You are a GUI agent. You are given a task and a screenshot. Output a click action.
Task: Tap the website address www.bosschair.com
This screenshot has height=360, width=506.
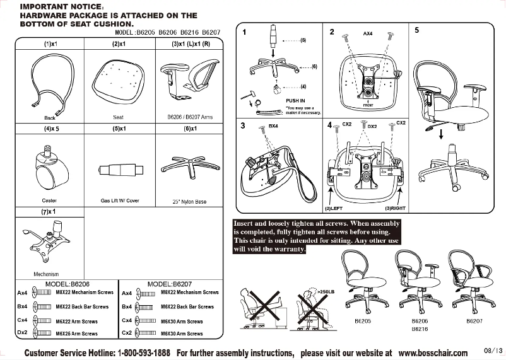433,353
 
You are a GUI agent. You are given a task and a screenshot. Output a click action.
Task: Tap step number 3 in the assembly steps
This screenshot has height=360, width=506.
243,126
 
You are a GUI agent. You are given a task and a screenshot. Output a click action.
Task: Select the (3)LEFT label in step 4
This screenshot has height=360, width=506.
334,207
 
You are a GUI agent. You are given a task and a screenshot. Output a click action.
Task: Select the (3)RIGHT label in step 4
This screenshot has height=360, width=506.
394,207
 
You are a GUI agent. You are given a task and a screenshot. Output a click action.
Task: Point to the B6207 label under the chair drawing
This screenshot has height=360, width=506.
473,322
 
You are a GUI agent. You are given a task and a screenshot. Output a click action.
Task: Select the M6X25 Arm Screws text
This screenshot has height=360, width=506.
76,332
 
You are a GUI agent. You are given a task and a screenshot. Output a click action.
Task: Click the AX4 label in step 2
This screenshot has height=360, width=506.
368,33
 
